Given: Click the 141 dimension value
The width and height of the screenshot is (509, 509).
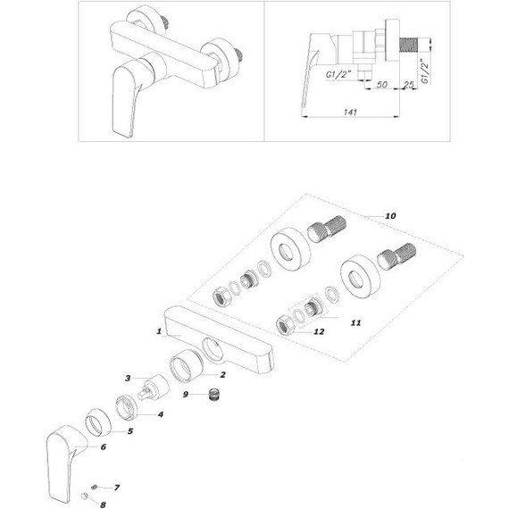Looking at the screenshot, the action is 350,113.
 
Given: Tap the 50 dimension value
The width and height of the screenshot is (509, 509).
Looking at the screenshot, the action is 382,85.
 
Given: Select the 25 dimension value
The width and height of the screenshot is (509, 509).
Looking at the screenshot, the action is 409,85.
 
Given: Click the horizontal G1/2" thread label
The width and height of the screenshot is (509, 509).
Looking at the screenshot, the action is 339,74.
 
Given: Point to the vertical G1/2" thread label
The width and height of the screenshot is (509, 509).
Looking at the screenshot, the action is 425,71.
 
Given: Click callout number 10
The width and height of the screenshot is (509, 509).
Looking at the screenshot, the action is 390,216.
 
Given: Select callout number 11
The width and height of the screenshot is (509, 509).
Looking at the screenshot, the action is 355,322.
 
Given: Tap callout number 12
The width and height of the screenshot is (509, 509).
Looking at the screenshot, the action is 319,331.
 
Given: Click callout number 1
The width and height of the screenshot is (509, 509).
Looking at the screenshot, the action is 159,331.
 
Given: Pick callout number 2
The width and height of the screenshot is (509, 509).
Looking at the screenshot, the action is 222,375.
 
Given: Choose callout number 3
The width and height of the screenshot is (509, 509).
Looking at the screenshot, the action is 128,379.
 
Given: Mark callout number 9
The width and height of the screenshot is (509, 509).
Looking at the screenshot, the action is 186,395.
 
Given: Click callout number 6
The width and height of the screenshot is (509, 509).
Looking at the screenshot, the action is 104,447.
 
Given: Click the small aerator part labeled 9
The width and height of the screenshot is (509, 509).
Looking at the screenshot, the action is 213,395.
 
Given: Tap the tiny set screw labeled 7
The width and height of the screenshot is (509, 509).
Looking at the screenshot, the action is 95,486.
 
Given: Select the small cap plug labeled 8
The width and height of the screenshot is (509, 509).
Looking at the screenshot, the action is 85,496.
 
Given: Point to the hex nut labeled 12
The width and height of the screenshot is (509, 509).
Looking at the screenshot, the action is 285,326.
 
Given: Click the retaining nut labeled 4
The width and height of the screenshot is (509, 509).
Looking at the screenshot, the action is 127,408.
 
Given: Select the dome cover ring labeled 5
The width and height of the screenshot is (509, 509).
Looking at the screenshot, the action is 98,421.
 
